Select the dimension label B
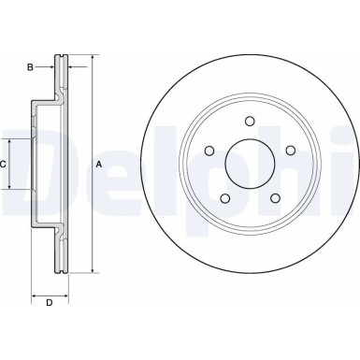(x=30, y=66)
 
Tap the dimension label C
(x=4, y=164)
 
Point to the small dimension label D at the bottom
(x=50, y=303)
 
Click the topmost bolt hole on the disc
(x=250, y=120)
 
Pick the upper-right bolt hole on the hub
(x=290, y=150)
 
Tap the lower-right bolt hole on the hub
(x=275, y=197)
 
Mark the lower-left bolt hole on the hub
(x=224, y=197)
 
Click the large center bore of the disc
(x=250, y=164)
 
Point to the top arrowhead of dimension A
(x=94, y=58)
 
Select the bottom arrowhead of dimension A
(x=94, y=270)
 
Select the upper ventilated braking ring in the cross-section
(x=63, y=75)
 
